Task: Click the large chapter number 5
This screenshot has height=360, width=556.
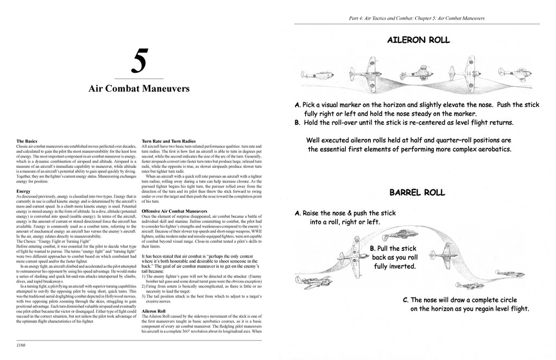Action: point(138,63)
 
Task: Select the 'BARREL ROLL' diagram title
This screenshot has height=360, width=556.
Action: point(417,192)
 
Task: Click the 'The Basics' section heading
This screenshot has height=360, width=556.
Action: point(27,141)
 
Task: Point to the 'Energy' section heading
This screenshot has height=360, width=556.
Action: point(24,192)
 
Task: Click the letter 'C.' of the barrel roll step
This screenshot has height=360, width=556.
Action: point(406,299)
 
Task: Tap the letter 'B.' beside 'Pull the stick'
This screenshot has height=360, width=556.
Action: point(373,248)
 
